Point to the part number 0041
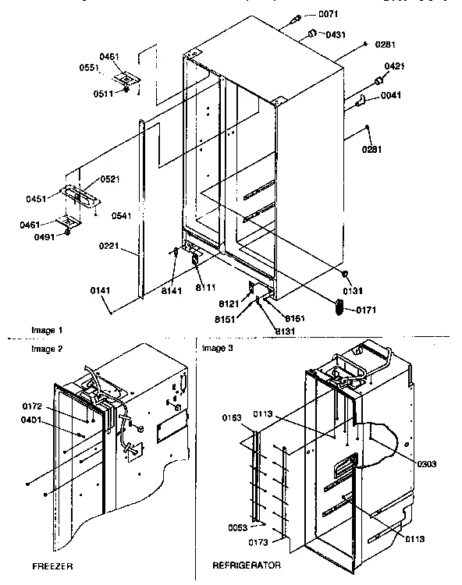click(x=392, y=96)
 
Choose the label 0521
click(x=109, y=179)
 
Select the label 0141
click(x=99, y=290)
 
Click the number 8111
click(x=204, y=289)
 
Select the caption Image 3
click(x=218, y=348)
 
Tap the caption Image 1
click(x=46, y=331)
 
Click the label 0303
click(x=427, y=463)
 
